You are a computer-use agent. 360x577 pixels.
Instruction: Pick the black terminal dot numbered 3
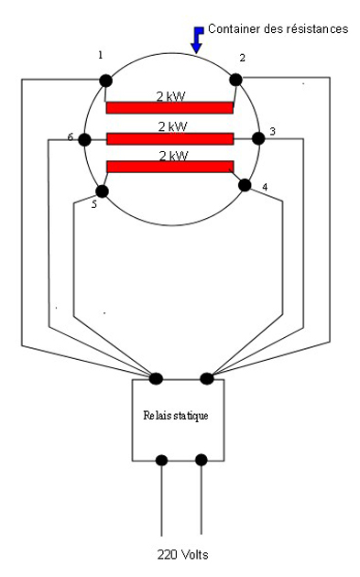(258, 137)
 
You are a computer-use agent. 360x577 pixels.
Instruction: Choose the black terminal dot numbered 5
(102, 191)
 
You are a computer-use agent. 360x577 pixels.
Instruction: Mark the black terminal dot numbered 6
(84, 139)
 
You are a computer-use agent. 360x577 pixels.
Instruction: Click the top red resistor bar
(169, 108)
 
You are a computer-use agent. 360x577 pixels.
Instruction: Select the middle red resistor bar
(169, 138)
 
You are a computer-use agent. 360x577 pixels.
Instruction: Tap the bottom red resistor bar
(169, 167)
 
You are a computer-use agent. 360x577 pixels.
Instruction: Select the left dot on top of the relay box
(156, 377)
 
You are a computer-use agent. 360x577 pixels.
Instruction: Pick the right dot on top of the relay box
(206, 377)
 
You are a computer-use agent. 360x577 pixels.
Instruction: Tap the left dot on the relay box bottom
(162, 459)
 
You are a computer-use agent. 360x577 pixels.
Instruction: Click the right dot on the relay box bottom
(202, 459)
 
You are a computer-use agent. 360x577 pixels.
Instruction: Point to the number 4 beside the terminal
(264, 189)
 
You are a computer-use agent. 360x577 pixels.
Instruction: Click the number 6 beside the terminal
(71, 137)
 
